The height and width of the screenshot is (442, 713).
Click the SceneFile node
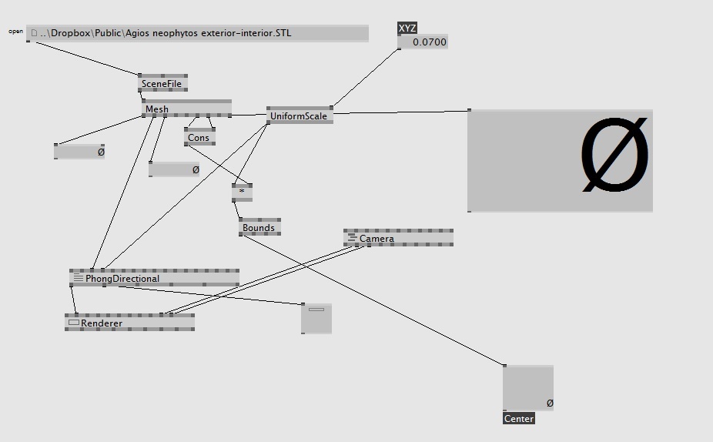pyautogui.click(x=162, y=83)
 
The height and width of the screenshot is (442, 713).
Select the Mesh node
pyautogui.click(x=186, y=109)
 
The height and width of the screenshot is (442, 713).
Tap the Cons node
pyautogui.click(x=199, y=137)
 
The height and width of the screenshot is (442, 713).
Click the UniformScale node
pyautogui.click(x=300, y=116)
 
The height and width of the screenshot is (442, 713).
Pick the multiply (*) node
pyautogui.click(x=242, y=193)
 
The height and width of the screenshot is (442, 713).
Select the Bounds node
pyautogui.click(x=259, y=227)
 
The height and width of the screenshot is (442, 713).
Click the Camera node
pyautogui.click(x=398, y=238)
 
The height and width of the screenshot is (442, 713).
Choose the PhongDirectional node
pyautogui.click(x=154, y=278)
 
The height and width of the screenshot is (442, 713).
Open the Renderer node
pyautogui.click(x=129, y=323)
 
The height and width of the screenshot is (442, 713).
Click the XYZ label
pyautogui.click(x=407, y=28)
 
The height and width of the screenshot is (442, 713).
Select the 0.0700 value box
pyautogui.click(x=423, y=42)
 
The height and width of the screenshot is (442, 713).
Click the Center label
pyautogui.click(x=519, y=418)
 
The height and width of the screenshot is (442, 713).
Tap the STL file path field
pyautogui.click(x=197, y=33)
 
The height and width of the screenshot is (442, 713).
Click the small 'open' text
pyautogui.click(x=16, y=32)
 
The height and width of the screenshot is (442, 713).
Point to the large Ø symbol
pyautogui.click(x=614, y=155)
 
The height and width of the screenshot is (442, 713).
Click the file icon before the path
pyautogui.click(x=34, y=33)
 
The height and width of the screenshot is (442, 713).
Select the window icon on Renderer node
pyautogui.click(x=74, y=323)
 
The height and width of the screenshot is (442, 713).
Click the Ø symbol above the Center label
pyautogui.click(x=550, y=403)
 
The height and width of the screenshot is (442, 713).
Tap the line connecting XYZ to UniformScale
pyautogui.click(x=366, y=77)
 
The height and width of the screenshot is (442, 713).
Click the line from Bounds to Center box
pyautogui.click(x=373, y=300)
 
